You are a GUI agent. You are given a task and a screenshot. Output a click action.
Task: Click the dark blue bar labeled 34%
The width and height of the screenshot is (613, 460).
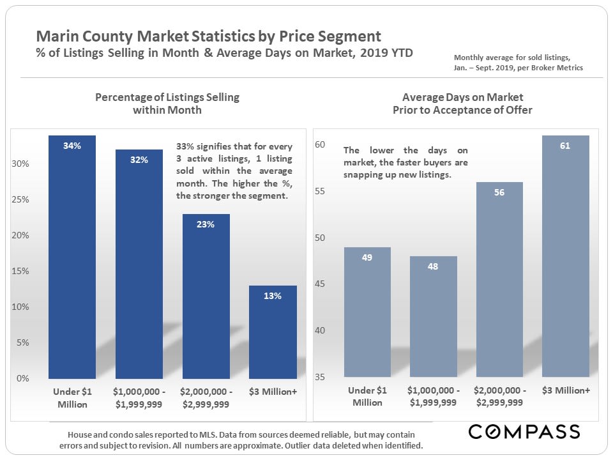pyautogui.click(x=72, y=256)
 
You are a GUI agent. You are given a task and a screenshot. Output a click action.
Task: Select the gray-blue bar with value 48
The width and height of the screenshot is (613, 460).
pyautogui.click(x=433, y=316)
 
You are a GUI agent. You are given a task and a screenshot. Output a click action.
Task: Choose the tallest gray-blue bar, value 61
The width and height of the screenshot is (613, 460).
pyautogui.click(x=565, y=256)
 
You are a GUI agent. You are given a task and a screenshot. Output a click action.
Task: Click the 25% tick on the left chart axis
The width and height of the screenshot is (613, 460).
pyautogui.click(x=21, y=200)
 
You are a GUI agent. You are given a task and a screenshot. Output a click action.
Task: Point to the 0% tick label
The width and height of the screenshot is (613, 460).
pyautogui.click(x=23, y=378)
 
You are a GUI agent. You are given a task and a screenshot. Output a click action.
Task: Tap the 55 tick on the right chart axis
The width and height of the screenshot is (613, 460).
pyautogui.click(x=321, y=192)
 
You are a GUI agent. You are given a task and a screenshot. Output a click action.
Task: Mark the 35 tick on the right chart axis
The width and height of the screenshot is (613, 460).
pyautogui.click(x=321, y=377)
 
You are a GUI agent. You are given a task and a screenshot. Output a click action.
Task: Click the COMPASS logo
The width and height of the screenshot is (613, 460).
pyautogui.click(x=524, y=431)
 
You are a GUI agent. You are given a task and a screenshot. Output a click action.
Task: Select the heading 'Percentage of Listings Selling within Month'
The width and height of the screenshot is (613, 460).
pyautogui.click(x=167, y=103)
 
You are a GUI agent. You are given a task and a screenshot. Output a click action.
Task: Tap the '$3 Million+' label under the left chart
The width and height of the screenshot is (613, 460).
pyautogui.click(x=273, y=391)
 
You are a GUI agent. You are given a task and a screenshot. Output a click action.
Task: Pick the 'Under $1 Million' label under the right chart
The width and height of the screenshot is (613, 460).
pyautogui.click(x=367, y=397)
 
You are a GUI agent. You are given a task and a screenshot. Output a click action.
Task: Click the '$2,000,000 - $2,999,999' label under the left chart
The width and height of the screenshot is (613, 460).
pyautogui.click(x=206, y=397)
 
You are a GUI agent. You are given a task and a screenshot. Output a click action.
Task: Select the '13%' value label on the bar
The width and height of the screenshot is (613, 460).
pyautogui.click(x=273, y=296)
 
